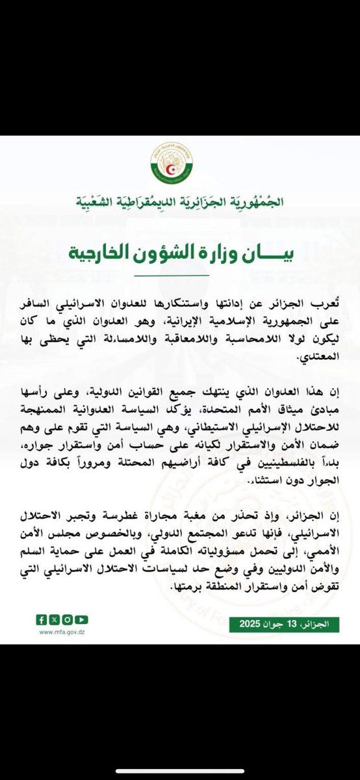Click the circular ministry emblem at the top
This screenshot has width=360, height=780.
pyautogui.click(x=179, y=162)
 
